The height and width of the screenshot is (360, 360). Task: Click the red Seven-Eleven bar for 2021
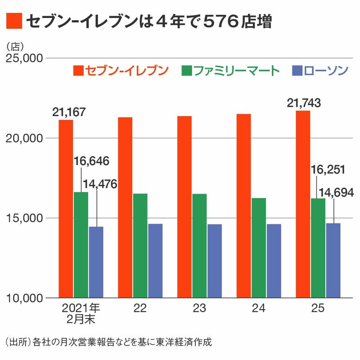point(66,209)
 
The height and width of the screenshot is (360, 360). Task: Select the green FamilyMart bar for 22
point(140,246)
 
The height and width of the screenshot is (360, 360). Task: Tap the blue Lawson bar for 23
point(214,261)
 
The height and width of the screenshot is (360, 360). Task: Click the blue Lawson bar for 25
point(333,261)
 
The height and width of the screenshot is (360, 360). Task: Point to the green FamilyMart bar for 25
point(318,248)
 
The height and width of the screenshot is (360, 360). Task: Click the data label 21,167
point(68,112)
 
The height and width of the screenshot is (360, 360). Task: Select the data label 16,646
point(91,161)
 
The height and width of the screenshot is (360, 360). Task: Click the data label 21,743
point(304,103)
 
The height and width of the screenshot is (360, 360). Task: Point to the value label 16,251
point(328,170)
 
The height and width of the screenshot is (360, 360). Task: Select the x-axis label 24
point(259,309)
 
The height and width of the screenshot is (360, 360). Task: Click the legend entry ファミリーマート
point(231,71)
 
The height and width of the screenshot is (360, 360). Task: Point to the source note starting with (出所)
point(108,341)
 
